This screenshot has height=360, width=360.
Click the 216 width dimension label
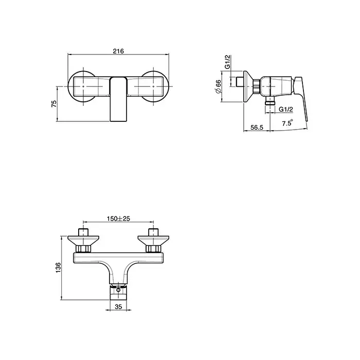coord(118,51)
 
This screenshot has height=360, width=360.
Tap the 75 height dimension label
coord(53,104)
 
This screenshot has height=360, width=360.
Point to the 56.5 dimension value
coord(257,127)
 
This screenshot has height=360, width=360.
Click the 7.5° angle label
coord(287,123)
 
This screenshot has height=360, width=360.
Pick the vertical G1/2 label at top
coord(227,62)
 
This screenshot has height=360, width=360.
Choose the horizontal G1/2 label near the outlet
coord(286,109)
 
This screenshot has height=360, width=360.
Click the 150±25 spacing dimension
coord(118,219)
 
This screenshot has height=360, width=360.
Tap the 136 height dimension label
coord(58,268)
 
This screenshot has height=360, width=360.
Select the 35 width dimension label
coord(118,307)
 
